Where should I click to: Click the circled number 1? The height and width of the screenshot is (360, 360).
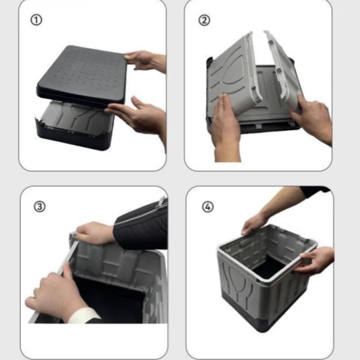(36, 20)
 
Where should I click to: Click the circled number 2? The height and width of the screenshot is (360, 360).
(204, 20)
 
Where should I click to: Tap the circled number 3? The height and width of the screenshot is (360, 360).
(40, 207)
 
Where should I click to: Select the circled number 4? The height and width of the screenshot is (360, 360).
(208, 207)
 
